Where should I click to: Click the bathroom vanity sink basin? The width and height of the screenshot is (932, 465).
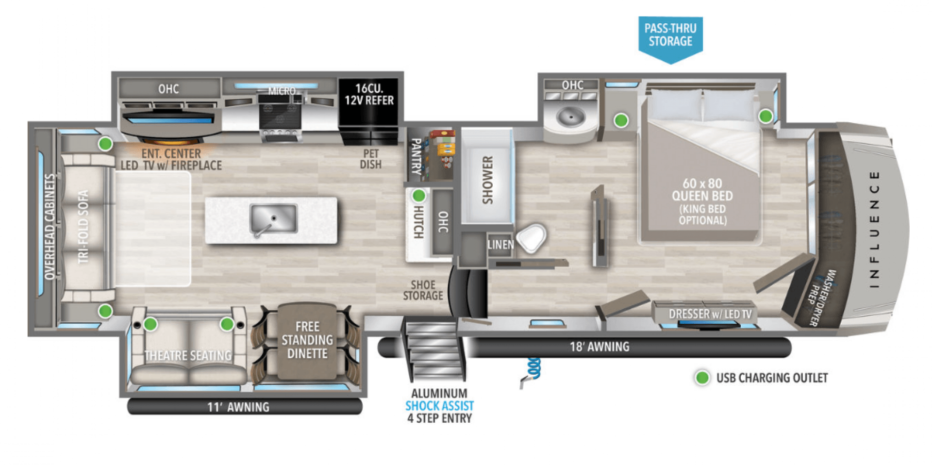tap(570, 116)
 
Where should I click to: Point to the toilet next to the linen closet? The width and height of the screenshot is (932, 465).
tap(532, 238)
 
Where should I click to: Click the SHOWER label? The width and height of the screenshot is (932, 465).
tap(488, 180)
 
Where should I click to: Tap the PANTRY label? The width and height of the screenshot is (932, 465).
tap(416, 156)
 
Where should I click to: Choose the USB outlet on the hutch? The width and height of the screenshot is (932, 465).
tap(418, 196)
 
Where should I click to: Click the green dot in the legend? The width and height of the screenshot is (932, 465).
tap(702, 378)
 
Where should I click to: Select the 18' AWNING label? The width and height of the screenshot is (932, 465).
tap(599, 347)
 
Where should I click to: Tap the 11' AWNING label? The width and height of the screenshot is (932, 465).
tap(238, 407)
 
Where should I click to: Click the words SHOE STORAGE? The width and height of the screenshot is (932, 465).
tap(423, 290)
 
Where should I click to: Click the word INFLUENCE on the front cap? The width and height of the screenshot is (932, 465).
tap(874, 229)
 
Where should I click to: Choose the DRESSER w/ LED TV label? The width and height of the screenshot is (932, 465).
tap(710, 314)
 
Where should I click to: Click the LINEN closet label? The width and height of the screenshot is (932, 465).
tap(500, 244)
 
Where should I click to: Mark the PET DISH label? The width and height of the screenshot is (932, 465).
tap(370, 159)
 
